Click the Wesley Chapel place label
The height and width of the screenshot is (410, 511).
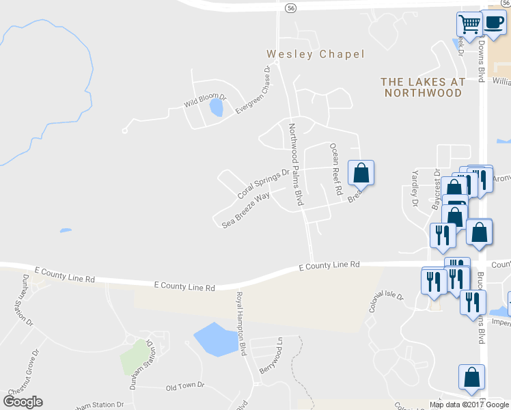(x=316, y=54)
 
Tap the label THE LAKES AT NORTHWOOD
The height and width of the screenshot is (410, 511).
(x=422, y=87)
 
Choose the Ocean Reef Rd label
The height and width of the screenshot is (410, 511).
(x=335, y=169)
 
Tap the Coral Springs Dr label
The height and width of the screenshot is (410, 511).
(x=263, y=184)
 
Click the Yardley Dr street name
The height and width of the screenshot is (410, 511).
(x=414, y=189)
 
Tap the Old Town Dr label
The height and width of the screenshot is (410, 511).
(x=185, y=385)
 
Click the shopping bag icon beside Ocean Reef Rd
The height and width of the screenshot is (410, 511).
(x=361, y=174)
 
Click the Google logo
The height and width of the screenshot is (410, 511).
(x=23, y=402)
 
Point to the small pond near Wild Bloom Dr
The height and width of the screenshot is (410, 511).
(x=216, y=107)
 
